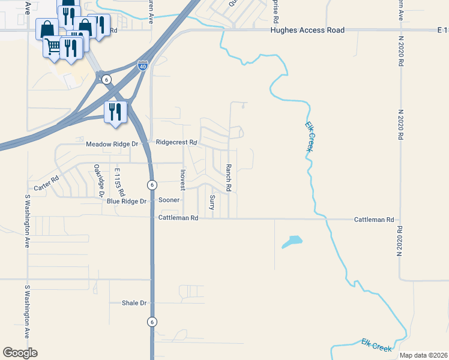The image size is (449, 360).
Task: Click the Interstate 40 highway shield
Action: point(142,65)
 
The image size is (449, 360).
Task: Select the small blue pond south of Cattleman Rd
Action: point(292,242)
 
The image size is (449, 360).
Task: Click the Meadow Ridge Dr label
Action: point(112,144)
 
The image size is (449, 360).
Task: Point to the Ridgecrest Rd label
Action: point(176,142)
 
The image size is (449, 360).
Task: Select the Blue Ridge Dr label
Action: point(127,201)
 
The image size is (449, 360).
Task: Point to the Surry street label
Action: point(212,202)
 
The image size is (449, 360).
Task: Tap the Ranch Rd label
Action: point(229,178)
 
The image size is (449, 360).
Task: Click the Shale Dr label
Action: point(134,304)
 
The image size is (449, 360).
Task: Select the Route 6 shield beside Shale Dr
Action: point(152,322)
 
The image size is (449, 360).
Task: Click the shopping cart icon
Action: point(53,46)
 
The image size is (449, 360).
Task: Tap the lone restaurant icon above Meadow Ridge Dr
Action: point(115,112)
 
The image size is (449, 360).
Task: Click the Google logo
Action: point(20,353)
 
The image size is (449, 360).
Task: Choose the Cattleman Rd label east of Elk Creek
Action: point(373,220)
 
